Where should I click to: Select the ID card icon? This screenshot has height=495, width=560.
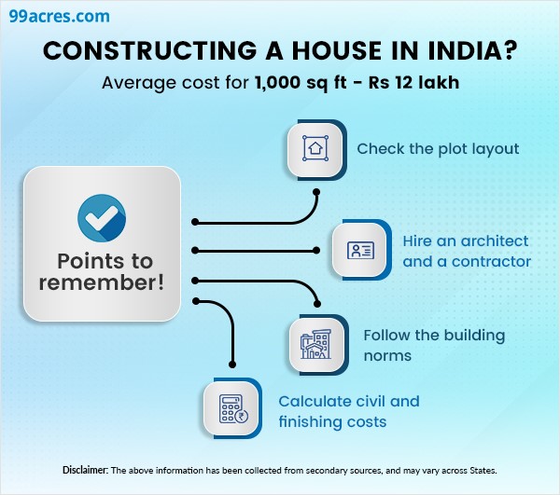click(360, 250)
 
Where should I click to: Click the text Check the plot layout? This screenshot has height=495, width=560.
click(438, 148)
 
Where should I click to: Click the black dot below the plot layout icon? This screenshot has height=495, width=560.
click(316, 192)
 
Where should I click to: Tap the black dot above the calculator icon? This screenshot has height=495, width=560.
click(231, 366)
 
